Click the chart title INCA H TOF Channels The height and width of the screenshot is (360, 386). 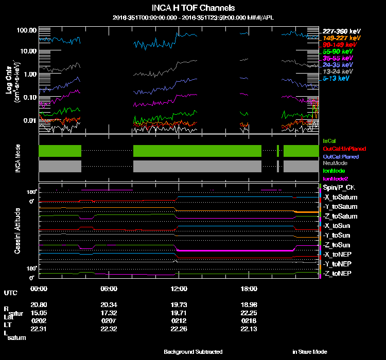pos(193,8)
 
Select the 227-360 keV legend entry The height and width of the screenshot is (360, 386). pos(338,31)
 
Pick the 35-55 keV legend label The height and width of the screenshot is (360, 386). pos(338,58)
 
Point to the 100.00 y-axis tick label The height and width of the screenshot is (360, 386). pos(26,30)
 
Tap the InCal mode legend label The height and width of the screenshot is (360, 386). pos(329,140)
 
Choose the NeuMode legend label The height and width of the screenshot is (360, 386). pos(335,163)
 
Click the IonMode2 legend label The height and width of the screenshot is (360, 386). pos(336,178)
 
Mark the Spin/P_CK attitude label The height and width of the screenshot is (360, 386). pos(339,188)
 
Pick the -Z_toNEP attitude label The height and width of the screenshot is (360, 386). pos(338,273)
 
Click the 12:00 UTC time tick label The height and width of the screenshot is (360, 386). pos(179,289)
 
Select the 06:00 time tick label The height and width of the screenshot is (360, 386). pos(109,289)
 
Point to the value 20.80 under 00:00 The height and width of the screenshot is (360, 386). pos(40,304)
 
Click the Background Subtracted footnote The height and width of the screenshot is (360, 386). pos(193,352)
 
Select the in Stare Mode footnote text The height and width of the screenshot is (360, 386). pos(309,352)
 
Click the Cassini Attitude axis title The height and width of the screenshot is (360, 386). pos(17,231)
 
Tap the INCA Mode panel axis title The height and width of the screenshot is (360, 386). pos(17,156)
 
